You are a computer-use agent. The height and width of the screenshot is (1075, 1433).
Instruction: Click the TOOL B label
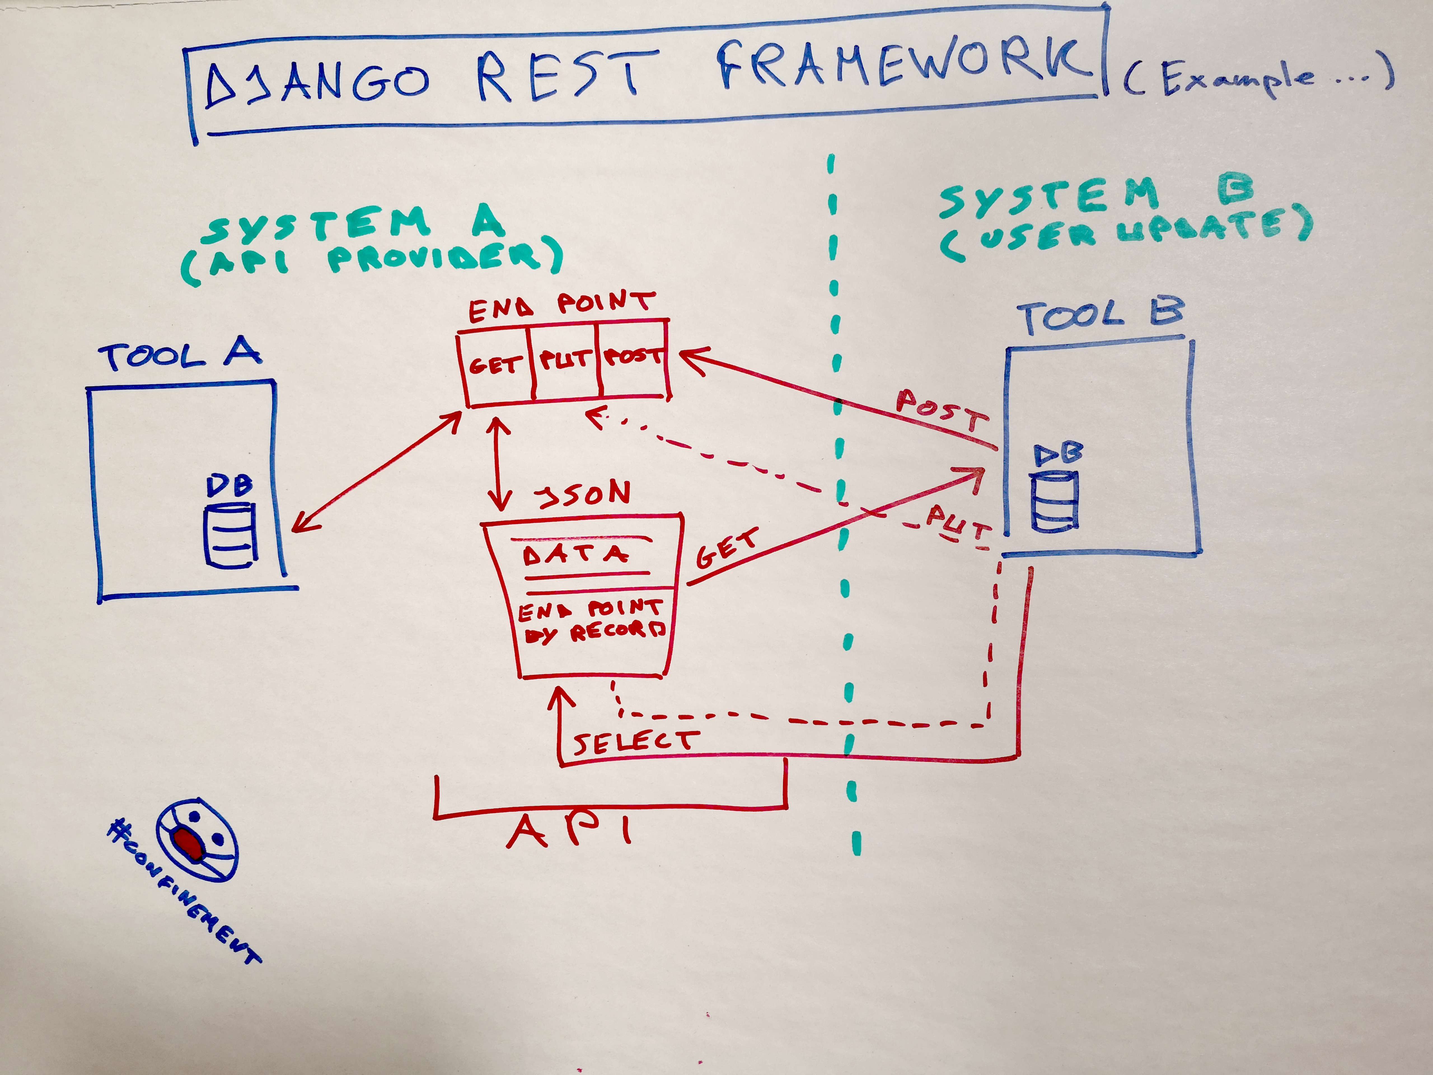click(x=1101, y=316)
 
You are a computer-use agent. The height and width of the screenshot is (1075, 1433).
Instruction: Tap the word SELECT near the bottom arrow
click(x=635, y=742)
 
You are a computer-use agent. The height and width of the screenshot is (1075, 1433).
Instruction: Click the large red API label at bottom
click(x=569, y=831)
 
